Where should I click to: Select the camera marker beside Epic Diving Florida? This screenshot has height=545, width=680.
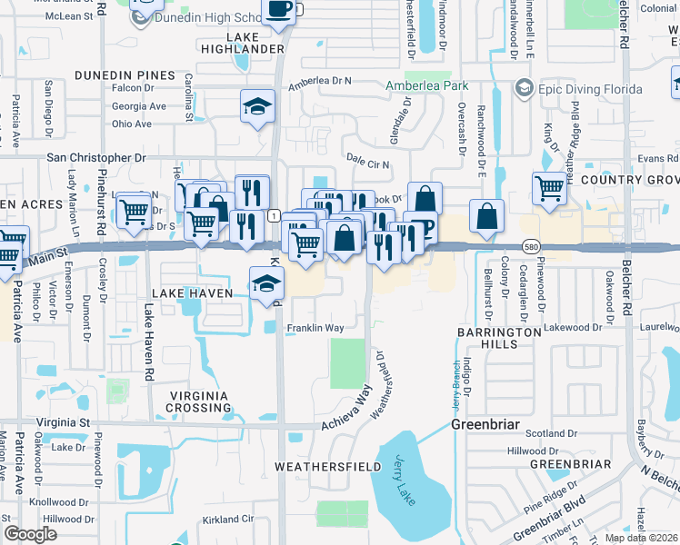click(x=524, y=88)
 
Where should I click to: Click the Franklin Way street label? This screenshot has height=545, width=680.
click(x=315, y=328)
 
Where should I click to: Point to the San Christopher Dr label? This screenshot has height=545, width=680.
click(x=95, y=157)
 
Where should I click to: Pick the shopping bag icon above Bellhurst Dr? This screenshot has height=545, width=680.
click(x=487, y=216)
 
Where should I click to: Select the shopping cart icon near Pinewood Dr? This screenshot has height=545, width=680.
click(x=549, y=188)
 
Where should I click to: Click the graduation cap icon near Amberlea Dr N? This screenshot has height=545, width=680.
click(x=257, y=106)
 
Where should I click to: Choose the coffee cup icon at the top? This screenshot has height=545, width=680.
click(x=278, y=10)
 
